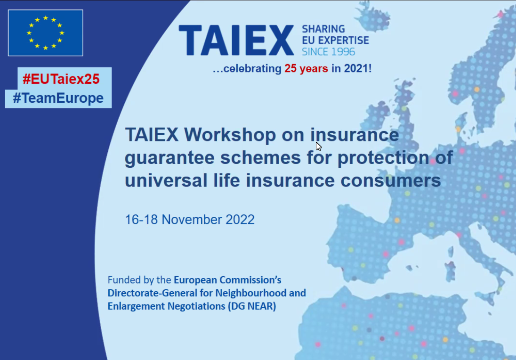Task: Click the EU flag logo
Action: coord(45,33)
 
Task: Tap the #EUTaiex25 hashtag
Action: coord(61,79)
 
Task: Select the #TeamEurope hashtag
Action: coord(58,98)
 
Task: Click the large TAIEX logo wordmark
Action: coord(236,41)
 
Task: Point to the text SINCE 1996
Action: coord(329,52)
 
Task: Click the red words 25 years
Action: coord(306,68)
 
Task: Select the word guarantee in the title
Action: coord(169,158)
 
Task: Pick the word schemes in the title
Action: coord(260,157)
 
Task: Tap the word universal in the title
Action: coord(166,180)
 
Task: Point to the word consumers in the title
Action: coord(391,181)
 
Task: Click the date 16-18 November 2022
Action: coord(190,220)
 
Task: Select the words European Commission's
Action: coord(227,280)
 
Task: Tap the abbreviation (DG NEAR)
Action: coord(252,306)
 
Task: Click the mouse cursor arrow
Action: coord(318,147)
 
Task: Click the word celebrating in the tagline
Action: coord(252,69)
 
